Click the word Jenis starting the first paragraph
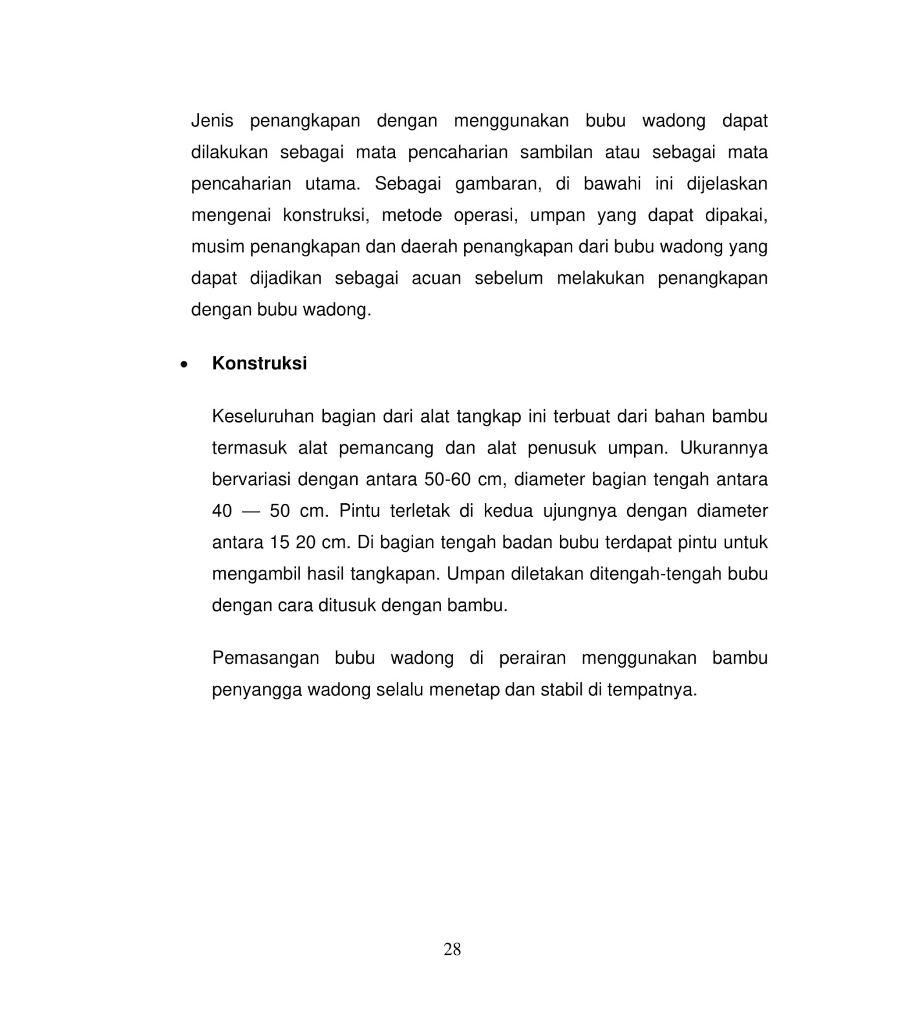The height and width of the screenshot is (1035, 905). point(212,121)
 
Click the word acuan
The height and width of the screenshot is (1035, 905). point(435,279)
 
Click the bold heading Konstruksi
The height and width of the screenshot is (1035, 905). point(259,364)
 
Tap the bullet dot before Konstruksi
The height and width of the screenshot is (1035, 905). point(185,364)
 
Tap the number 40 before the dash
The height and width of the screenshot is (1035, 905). point(222,512)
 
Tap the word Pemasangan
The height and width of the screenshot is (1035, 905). point(265,659)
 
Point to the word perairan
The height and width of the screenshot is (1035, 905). point(532,659)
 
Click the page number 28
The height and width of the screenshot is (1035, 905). point(452,950)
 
